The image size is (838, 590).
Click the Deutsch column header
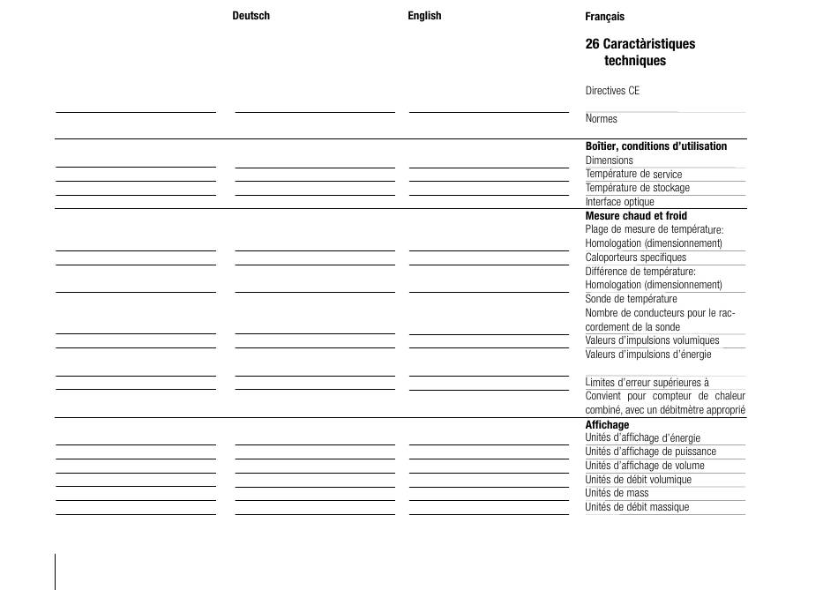click(x=251, y=16)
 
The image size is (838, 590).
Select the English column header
click(x=424, y=16)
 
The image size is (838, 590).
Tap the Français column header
click(x=604, y=17)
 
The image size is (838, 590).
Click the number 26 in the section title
click(x=592, y=44)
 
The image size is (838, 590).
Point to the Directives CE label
click(x=612, y=91)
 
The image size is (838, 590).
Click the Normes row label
click(x=601, y=119)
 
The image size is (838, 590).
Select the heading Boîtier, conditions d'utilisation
click(x=655, y=146)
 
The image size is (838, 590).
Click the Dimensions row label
click(x=609, y=161)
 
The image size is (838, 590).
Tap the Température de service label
click(x=633, y=175)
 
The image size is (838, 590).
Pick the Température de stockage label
click(x=637, y=188)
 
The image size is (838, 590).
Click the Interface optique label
click(x=619, y=202)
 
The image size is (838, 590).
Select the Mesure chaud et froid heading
click(x=635, y=216)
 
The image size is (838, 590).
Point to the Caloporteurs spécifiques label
click(x=635, y=258)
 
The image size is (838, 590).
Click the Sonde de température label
click(x=631, y=299)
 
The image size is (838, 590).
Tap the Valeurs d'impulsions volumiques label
click(x=652, y=340)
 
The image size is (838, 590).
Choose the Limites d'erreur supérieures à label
click(x=647, y=383)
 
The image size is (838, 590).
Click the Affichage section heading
click(x=607, y=425)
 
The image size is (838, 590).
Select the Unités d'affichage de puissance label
click(x=650, y=452)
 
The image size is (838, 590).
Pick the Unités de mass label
click(x=617, y=493)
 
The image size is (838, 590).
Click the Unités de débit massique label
click(x=637, y=507)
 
